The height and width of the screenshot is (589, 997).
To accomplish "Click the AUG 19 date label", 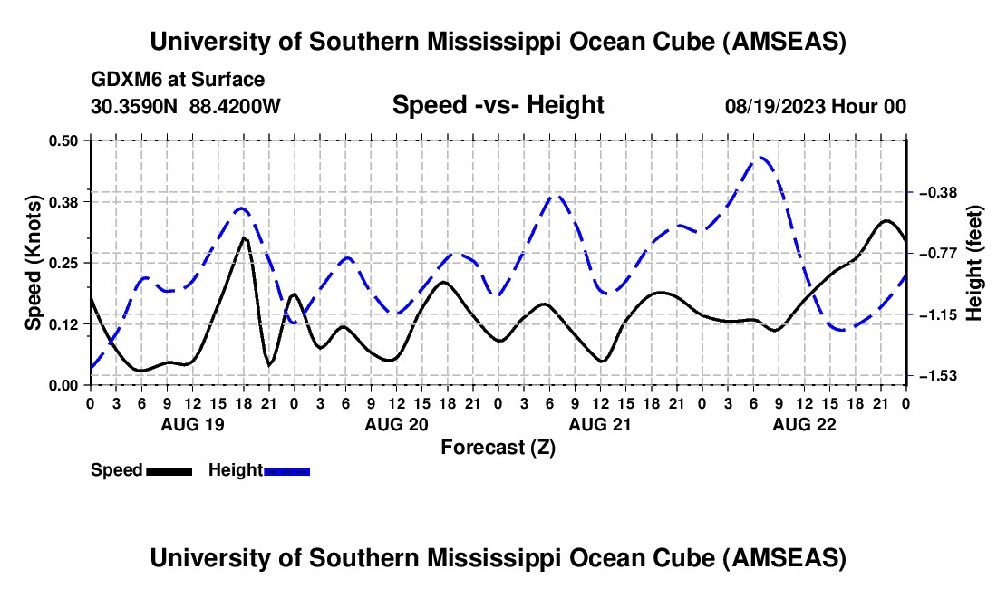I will click(x=191, y=424).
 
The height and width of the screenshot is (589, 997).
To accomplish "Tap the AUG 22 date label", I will click(x=803, y=424).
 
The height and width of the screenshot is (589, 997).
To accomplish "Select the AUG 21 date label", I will click(x=599, y=424).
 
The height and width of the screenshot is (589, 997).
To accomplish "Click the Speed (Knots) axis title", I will click(x=33, y=263).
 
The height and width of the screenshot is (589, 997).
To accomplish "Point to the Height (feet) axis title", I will click(x=974, y=263).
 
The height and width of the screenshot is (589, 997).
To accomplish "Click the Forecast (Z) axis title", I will click(x=498, y=447).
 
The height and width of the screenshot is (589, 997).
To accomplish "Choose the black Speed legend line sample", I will click(x=169, y=471).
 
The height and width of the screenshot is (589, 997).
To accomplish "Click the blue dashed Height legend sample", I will click(x=286, y=471).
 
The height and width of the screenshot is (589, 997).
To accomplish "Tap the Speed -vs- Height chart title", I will click(x=498, y=106).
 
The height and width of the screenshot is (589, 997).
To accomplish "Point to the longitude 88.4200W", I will click(x=236, y=106).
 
